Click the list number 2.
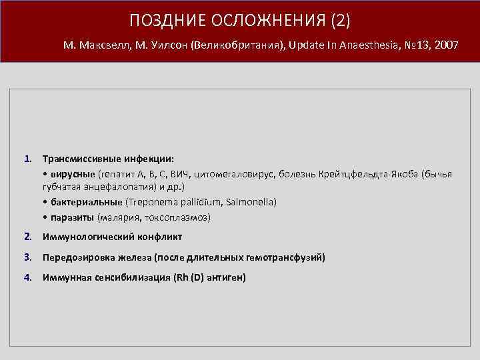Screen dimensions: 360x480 (x=27, y=237)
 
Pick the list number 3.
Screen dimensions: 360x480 (x=27, y=257)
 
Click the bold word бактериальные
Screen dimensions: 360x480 (x=85, y=203)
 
